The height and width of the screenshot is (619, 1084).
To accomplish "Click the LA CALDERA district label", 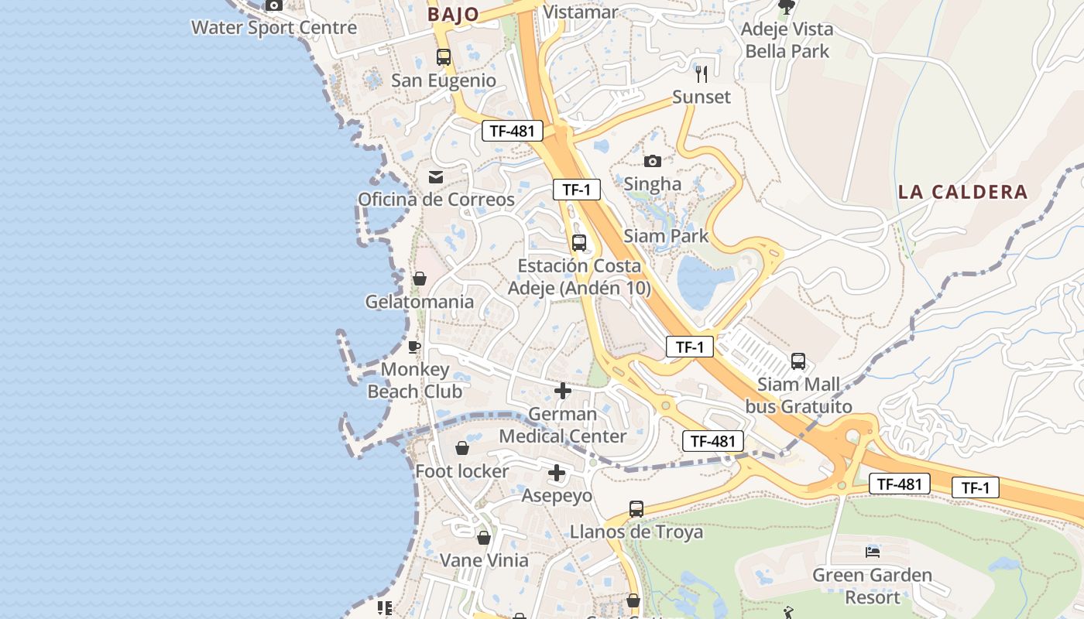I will (x=963, y=192).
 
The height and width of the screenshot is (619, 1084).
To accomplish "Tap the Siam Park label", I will (x=666, y=236).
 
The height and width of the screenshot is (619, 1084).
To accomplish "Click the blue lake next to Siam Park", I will (x=703, y=281).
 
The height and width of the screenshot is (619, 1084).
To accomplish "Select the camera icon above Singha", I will (x=653, y=161).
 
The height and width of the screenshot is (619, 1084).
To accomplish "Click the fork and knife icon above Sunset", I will (x=702, y=74).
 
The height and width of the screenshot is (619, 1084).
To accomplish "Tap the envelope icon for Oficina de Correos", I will (x=436, y=177).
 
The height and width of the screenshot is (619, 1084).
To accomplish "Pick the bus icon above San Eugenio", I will (x=444, y=57).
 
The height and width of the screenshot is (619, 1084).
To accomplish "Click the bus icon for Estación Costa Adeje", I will (x=579, y=243).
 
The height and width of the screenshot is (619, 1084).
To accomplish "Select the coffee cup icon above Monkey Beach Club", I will (x=414, y=346).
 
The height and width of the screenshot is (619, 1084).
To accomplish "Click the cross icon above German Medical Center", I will (x=563, y=391).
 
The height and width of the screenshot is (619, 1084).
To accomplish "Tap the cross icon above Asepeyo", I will (x=557, y=473).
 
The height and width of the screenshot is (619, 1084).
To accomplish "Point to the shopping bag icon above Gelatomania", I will (x=420, y=279).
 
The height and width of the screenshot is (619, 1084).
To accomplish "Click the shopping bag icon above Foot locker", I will (x=462, y=448).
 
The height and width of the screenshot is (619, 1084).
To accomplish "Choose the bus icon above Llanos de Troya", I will (x=636, y=509).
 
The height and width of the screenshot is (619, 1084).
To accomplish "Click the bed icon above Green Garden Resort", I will (x=873, y=552).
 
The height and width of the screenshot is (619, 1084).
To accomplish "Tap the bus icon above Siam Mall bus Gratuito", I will (x=798, y=361).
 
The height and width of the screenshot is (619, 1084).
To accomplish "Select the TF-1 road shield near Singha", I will (x=577, y=190).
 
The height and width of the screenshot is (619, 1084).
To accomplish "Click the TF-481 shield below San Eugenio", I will (x=512, y=131).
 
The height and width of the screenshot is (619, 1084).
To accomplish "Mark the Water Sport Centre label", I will (x=274, y=28).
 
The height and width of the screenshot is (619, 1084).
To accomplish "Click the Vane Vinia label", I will (x=484, y=560).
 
